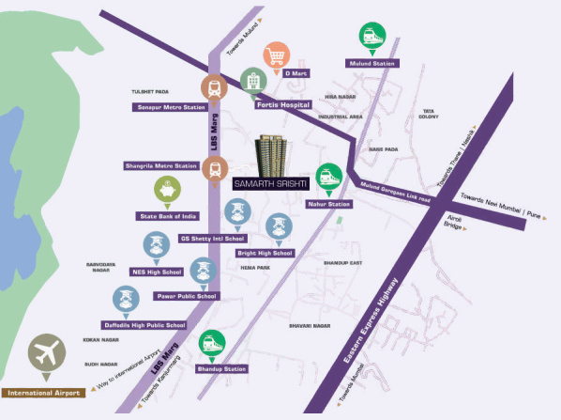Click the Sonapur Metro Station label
tap(169, 107)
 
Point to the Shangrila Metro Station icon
tap(215, 170)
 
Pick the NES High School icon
tap(155, 247)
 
